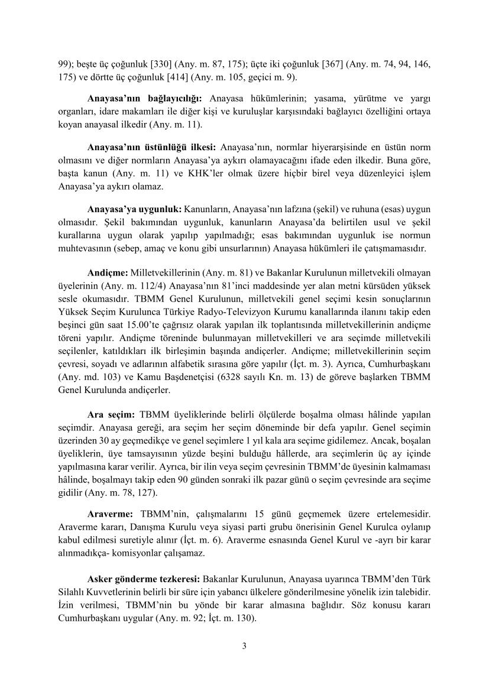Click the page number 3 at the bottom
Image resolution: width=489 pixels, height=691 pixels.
click(x=244, y=645)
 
